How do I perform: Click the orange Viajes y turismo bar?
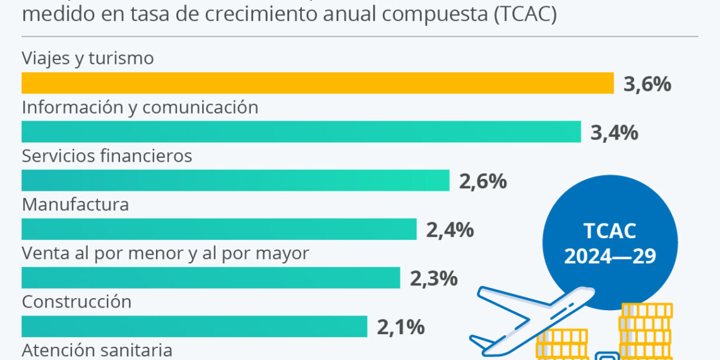(x=318, y=83)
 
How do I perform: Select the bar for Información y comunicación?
(x=301, y=131)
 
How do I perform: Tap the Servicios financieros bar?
(x=236, y=181)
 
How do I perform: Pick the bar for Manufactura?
(x=219, y=229)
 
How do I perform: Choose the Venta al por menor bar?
(x=211, y=278)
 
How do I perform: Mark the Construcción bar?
(x=195, y=327)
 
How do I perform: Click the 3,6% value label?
(x=647, y=84)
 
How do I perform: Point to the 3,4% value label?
(x=614, y=133)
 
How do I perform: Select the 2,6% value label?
(x=483, y=181)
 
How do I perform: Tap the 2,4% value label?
(x=450, y=230)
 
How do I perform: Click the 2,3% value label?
(x=433, y=279)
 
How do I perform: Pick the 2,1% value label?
(x=400, y=327)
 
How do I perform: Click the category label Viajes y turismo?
(x=88, y=59)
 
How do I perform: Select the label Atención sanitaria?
(x=97, y=350)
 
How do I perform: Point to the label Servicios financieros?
(x=107, y=155)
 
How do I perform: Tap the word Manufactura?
(x=75, y=205)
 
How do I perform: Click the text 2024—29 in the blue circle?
(x=609, y=256)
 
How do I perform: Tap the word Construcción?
(x=76, y=302)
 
